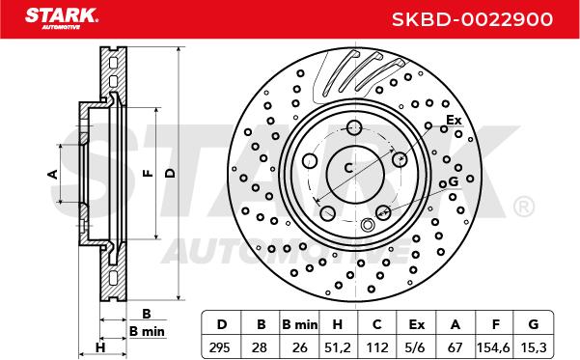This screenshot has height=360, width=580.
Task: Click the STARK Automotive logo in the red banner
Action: tap(62, 19)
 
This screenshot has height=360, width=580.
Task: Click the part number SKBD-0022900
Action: tap(472, 19)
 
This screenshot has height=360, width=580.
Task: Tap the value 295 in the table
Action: tap(220, 347)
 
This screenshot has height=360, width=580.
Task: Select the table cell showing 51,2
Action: tap(337, 347)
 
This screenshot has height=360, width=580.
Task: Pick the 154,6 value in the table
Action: tap(493, 347)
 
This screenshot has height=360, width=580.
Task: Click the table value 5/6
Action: tap(415, 347)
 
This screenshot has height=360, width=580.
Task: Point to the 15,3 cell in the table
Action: tap(533, 347)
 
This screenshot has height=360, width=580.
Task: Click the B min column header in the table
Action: tap(299, 324)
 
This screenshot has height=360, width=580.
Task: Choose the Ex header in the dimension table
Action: tap(417, 324)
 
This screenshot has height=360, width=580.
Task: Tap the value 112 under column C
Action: tap(377, 347)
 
